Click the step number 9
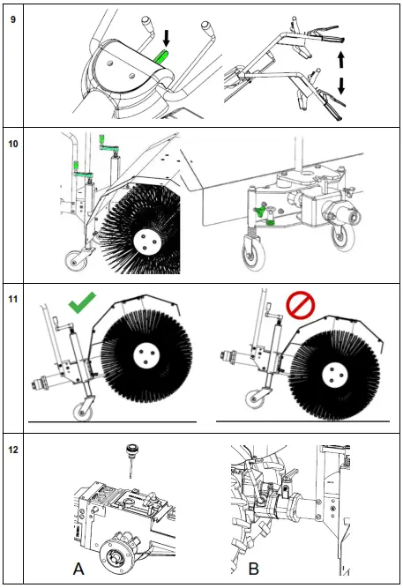coord(12,19)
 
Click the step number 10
coord(12,144)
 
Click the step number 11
coord(12,299)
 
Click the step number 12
coord(12,450)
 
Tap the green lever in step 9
coord(162,56)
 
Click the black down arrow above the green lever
coord(167,39)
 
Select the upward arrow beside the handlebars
coord(340,60)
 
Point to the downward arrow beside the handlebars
coord(341,86)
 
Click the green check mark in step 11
coord(82,302)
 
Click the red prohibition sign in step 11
coord(301,306)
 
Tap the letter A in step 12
coord(78,569)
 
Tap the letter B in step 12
coord(254,569)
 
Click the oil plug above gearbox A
coord(131,459)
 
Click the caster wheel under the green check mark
coord(83,413)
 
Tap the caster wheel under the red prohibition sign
coord(255,399)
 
